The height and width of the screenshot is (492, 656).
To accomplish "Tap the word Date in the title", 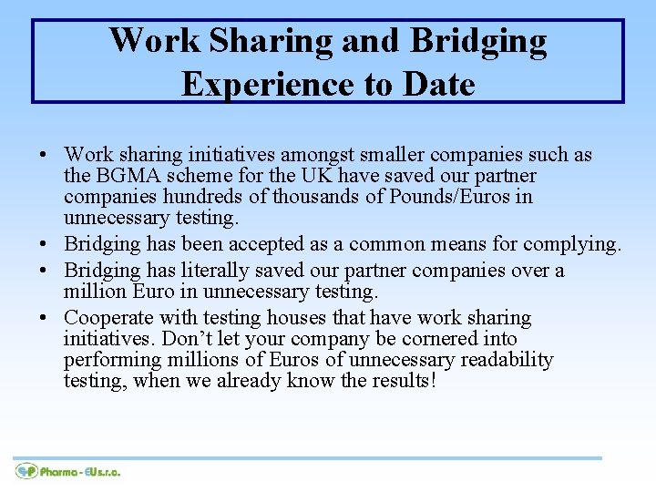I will click(436, 84).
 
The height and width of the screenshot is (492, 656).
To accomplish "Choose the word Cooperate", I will click(108, 318).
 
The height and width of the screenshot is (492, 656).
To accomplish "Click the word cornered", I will click(447, 339).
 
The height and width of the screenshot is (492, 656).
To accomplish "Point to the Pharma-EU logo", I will click(67, 471).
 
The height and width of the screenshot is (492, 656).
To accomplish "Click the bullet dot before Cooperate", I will click(44, 319).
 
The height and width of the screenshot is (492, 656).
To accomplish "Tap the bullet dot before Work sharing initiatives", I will click(44, 156).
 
